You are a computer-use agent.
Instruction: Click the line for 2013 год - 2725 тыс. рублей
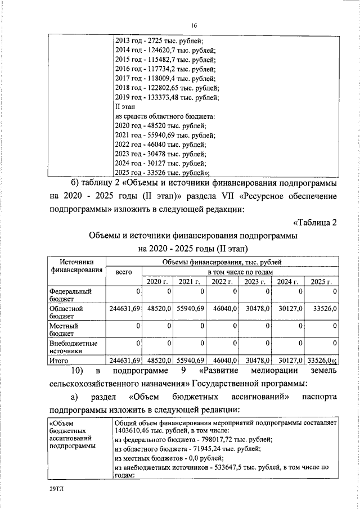159,40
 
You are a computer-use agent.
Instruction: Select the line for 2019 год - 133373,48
166,97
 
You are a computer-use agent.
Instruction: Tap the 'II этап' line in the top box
124,107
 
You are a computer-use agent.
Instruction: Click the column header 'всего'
123,272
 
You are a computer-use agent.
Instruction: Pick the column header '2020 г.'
157,282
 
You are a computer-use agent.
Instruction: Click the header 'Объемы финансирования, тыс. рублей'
222,262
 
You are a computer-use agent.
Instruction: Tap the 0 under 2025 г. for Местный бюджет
335,326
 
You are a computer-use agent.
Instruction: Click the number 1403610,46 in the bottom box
136,430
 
